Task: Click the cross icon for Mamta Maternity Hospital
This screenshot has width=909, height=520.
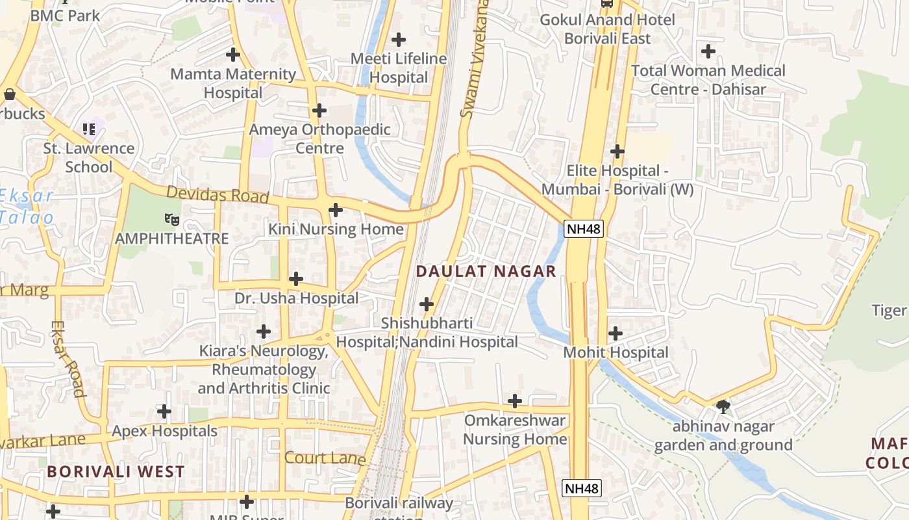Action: point(233,55)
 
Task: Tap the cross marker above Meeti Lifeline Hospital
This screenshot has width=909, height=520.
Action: point(399,40)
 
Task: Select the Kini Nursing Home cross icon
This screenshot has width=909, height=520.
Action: point(336,210)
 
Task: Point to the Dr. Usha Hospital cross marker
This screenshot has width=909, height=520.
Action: point(296,279)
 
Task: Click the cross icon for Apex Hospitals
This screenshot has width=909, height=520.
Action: point(165,411)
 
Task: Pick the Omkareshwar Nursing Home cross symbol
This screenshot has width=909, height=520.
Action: point(515,401)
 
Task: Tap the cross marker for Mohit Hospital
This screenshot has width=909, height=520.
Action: point(616,333)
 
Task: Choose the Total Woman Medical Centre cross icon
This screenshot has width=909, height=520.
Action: point(708,51)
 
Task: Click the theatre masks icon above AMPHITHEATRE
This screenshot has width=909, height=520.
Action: point(172,219)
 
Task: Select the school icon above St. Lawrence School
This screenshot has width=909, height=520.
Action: point(89,129)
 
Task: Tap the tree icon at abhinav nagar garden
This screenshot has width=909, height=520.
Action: point(723,408)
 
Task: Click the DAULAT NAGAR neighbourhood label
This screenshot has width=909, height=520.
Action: point(486,271)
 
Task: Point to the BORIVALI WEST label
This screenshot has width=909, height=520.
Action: point(116,471)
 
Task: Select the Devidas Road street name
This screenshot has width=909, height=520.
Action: point(217,194)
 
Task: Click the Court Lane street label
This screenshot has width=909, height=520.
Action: point(325,458)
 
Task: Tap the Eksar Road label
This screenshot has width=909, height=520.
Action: point(69,358)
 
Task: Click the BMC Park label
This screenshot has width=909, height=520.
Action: point(65,15)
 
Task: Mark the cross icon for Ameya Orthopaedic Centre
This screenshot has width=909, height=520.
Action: point(319,110)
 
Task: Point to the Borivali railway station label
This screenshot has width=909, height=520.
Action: point(399,504)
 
